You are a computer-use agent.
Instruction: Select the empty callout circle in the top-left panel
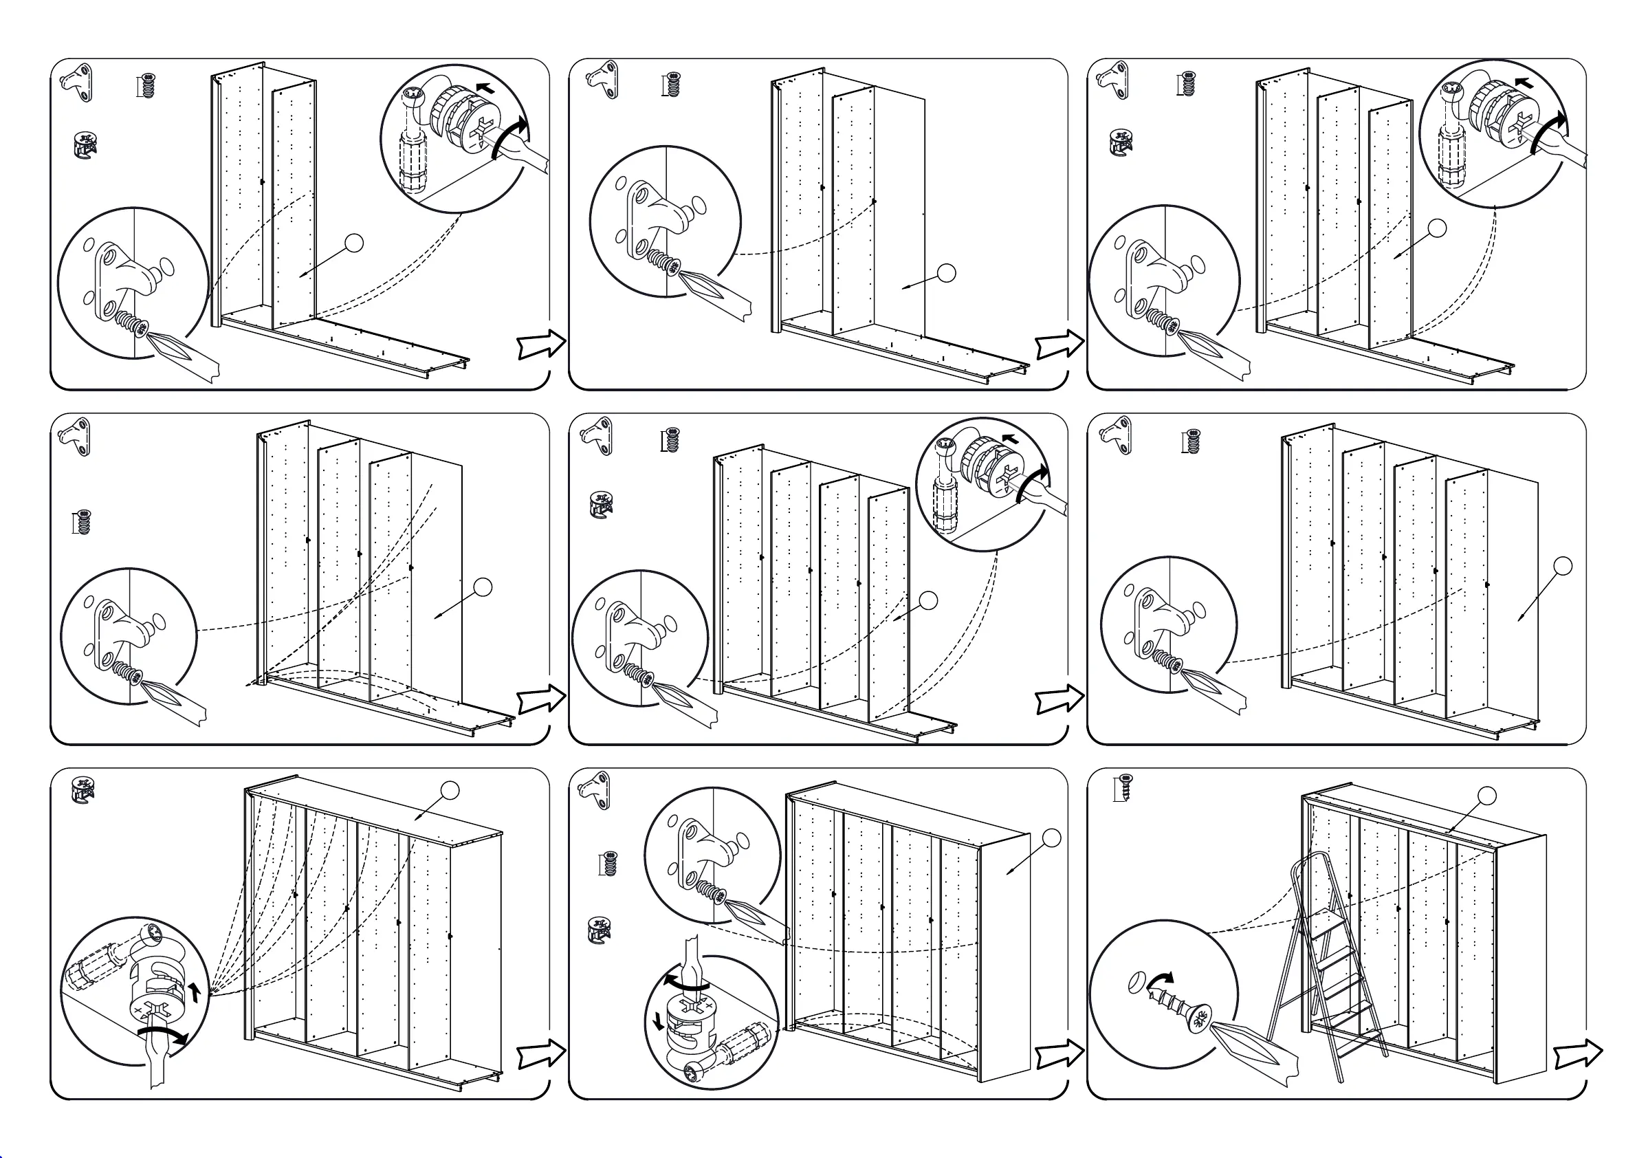tap(353, 243)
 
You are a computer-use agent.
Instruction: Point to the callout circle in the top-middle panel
tap(946, 273)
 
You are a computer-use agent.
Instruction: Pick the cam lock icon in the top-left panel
tap(85, 146)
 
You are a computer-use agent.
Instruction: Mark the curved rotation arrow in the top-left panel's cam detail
tap(512, 135)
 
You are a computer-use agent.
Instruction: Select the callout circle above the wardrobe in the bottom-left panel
tap(450, 790)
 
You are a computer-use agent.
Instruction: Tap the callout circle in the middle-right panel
tap(1563, 566)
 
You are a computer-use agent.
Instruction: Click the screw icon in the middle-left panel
tap(83, 522)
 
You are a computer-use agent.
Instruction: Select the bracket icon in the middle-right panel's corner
tap(1117, 435)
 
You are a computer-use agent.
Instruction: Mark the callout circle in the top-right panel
tap(1438, 228)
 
